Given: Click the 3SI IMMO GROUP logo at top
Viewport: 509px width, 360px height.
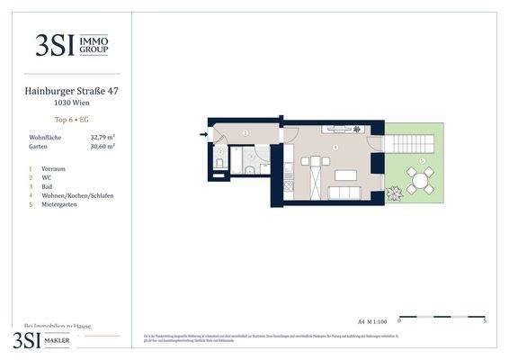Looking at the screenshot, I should point(72,45).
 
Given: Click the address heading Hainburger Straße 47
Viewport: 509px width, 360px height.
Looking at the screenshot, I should point(72,90).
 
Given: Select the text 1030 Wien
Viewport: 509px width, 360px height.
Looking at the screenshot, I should point(72,102).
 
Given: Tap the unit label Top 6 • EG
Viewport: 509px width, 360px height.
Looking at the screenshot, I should point(72,120).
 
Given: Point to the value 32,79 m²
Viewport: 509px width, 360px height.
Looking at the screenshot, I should point(103,138).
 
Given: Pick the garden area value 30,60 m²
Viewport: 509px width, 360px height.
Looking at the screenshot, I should point(103,147).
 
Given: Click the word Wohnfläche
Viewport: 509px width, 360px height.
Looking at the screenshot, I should point(45,138).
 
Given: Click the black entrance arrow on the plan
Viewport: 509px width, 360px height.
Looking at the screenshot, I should point(203,135).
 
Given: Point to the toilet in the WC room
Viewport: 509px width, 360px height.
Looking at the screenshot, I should point(219,163).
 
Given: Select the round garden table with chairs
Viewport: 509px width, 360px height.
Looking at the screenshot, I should point(419,180).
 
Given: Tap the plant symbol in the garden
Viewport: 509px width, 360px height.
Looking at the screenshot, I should point(394,193).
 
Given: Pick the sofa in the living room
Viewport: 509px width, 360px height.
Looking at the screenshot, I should point(344,193).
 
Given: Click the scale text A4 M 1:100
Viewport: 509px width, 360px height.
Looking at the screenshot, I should point(371,320).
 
